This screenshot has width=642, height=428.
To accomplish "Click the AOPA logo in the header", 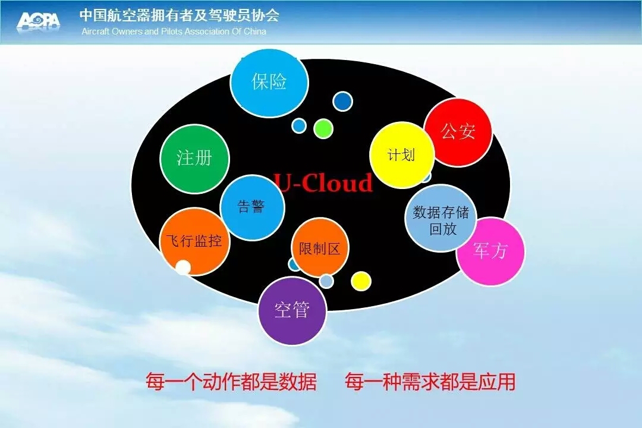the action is [39, 21].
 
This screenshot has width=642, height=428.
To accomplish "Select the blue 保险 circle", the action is [269, 83].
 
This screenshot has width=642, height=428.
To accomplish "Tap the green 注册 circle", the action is [194, 159].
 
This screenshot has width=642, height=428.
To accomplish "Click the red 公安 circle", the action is [458, 133].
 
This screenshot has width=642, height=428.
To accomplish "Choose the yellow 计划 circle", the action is [402, 155].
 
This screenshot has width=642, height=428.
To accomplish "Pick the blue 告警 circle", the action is [252, 207].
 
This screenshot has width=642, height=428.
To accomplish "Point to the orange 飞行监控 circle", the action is [194, 242].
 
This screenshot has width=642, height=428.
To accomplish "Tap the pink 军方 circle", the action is [490, 251].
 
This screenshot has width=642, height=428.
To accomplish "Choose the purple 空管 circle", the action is [292, 310].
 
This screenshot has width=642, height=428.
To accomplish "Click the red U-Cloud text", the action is [323, 182].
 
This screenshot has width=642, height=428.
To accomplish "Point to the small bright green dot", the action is [323, 128].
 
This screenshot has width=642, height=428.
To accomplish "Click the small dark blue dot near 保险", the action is [342, 101].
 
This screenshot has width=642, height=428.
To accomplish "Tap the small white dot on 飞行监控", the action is [183, 267].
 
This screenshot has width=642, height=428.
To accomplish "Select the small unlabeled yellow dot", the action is [361, 281].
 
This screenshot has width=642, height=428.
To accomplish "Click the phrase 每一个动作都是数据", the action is [231, 382].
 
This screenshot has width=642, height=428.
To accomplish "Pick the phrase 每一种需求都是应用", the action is [430, 382].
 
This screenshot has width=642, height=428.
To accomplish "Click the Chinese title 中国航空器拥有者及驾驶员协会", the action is [180, 15].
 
